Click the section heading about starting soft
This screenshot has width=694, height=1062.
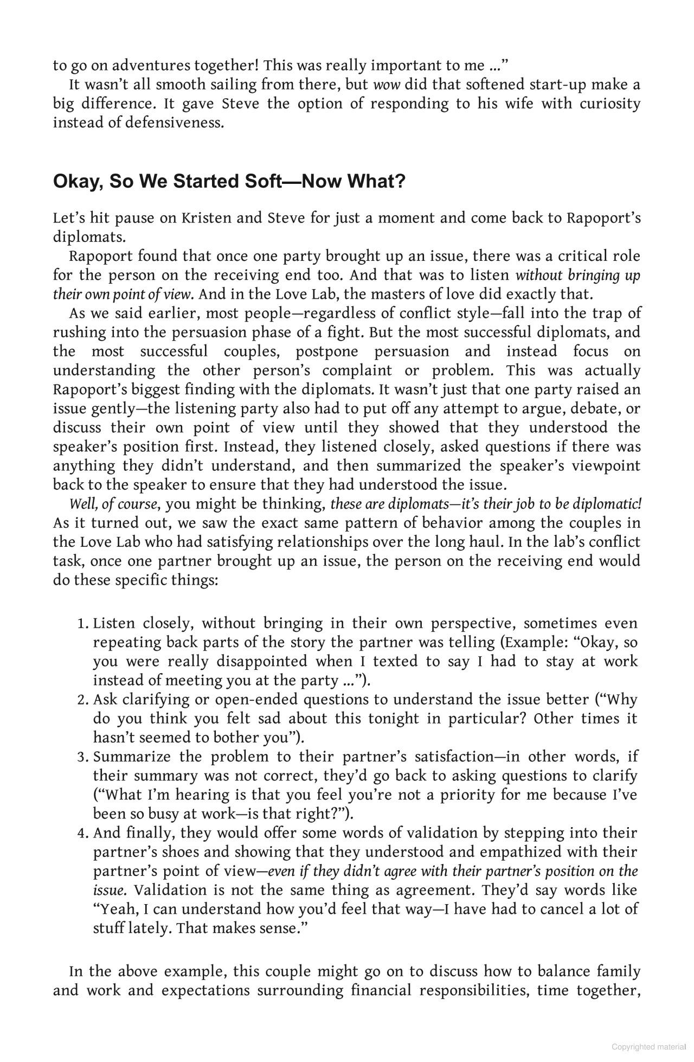point(229,181)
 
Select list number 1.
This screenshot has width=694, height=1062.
point(82,624)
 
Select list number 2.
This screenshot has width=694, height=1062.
point(82,700)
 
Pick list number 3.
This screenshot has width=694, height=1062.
point(82,757)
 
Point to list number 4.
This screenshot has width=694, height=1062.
point(82,833)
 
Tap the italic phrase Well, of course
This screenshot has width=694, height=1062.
point(114,504)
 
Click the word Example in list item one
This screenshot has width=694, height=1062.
point(534,643)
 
